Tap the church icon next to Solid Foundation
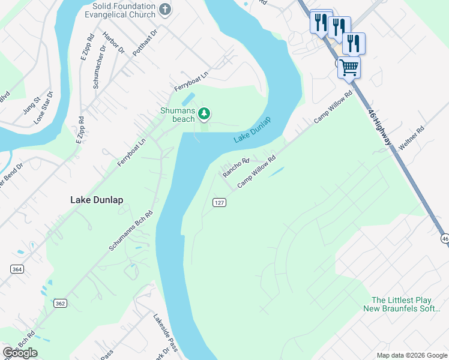[165, 10]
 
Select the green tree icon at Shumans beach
[204, 113]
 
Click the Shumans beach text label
[177, 115]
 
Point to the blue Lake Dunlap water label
[252, 130]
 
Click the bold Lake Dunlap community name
[97, 200]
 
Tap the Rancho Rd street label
[236, 167]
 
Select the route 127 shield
[220, 203]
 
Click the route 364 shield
[17, 269]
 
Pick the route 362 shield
[60, 304]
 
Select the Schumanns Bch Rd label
[131, 230]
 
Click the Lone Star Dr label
[44, 107]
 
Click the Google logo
[20, 353]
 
